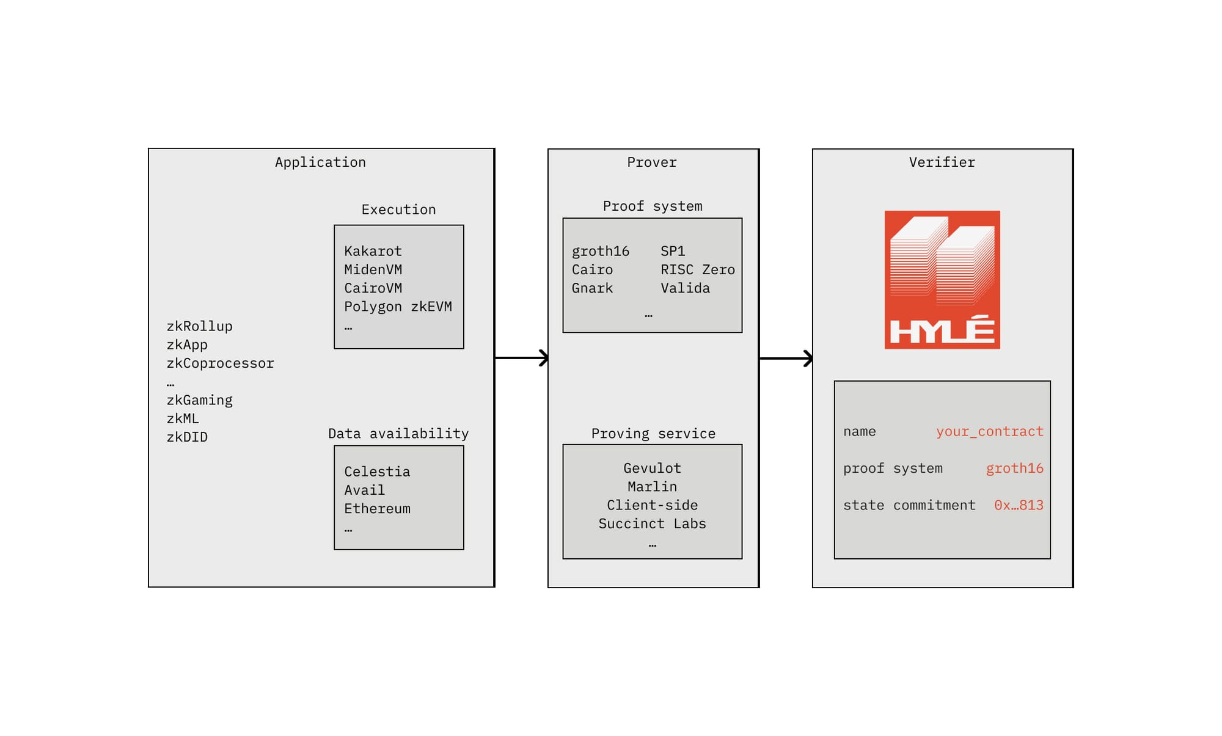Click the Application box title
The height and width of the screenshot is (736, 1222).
[320, 162]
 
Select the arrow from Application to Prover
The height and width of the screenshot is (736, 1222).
[522, 358]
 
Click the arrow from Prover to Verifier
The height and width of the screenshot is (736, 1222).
[786, 359]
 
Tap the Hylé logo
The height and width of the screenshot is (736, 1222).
[942, 280]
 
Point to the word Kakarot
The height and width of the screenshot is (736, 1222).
[373, 251]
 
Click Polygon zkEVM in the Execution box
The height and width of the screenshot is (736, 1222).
[398, 307]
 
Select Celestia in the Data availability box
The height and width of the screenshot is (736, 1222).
[377, 472]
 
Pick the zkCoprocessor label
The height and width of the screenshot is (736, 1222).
[220, 363]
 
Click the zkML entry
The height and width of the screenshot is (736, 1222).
[183, 418]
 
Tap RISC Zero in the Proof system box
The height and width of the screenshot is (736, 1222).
[698, 269]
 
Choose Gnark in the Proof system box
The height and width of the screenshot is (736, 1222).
[592, 288]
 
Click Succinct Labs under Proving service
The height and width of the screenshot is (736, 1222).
[652, 523]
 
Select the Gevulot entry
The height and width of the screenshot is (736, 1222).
[652, 468]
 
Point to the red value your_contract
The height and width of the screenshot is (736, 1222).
[990, 431]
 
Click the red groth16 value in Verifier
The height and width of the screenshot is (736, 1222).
[1014, 468]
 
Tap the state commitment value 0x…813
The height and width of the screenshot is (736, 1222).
[1019, 505]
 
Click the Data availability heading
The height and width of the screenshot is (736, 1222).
[398, 434]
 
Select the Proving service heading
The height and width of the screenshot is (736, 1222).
[653, 434]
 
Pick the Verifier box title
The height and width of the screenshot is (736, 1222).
[942, 162]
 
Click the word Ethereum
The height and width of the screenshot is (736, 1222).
[377, 508]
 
